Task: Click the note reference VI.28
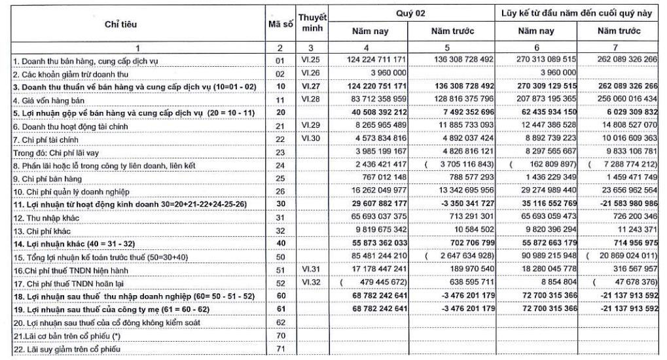pos(310,98)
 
